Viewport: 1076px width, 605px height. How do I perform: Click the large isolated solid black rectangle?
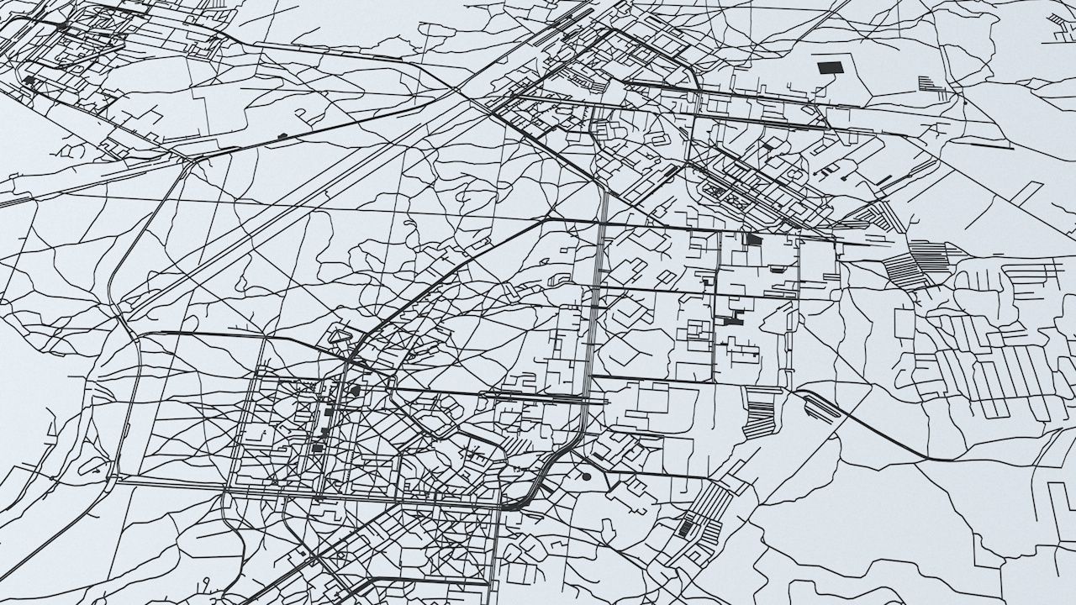830,67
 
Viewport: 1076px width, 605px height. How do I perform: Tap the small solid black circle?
586,476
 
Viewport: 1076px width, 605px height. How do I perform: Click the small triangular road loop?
340,335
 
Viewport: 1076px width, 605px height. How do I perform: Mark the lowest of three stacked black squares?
318,448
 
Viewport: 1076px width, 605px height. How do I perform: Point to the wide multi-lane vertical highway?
595,294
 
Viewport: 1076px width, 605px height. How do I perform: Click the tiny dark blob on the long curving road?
282,134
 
